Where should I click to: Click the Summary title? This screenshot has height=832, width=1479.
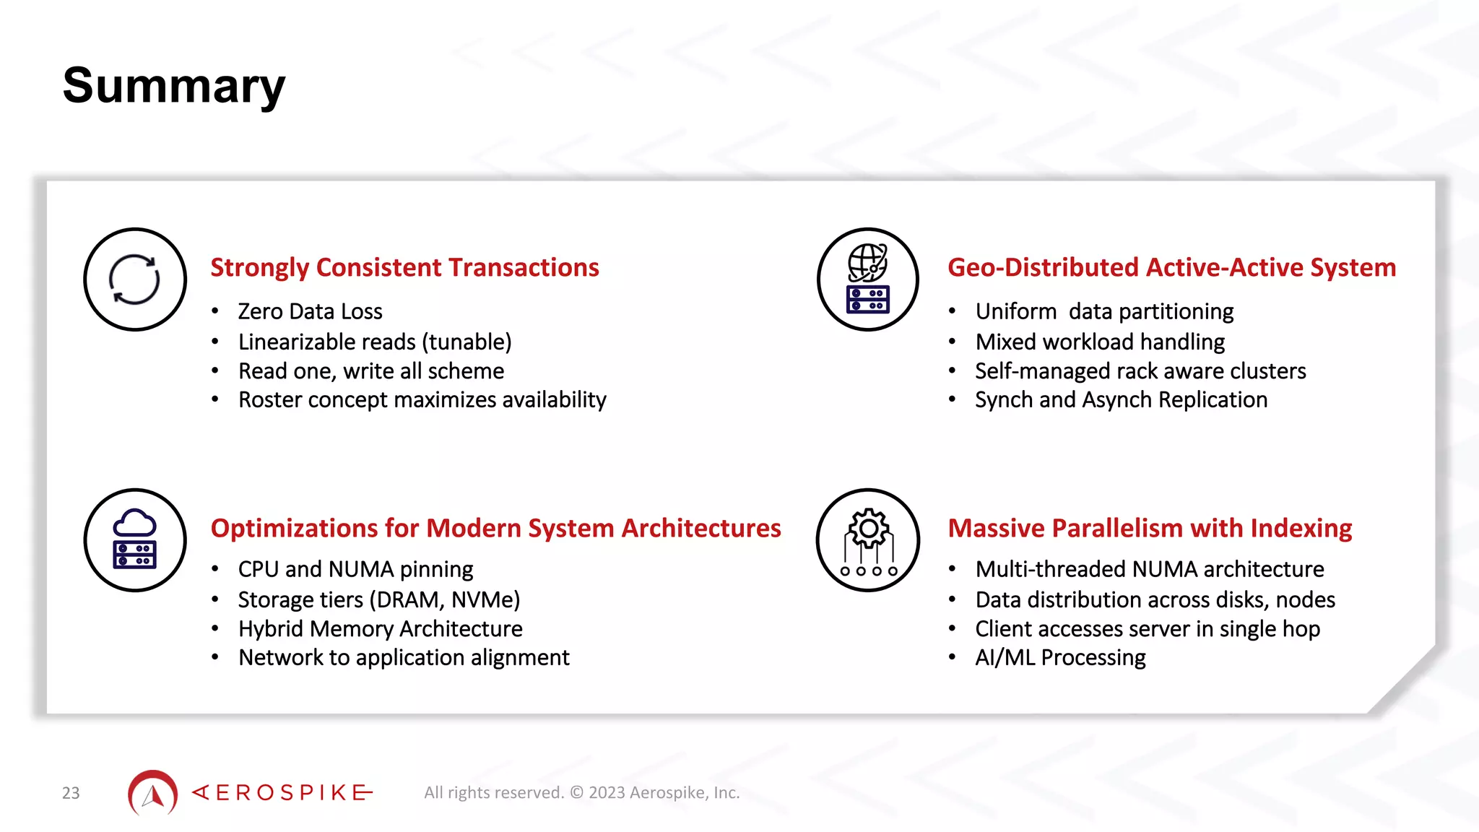click(174, 86)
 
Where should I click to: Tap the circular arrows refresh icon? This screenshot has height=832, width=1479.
click(134, 279)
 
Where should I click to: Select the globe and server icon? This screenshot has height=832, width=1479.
click(868, 279)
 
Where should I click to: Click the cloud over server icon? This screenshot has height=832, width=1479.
click(134, 540)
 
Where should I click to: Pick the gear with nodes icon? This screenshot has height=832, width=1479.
click(868, 540)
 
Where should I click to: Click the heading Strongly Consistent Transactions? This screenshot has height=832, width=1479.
click(404, 267)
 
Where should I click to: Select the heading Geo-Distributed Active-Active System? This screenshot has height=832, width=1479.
click(1171, 267)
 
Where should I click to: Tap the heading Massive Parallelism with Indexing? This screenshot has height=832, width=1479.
click(1150, 528)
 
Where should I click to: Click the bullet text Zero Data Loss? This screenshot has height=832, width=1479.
click(310, 311)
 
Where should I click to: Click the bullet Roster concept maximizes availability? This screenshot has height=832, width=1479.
click(422, 399)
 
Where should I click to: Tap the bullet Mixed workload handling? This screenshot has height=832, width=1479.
click(1100, 342)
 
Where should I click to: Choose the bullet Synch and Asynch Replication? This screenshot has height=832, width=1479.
click(1121, 399)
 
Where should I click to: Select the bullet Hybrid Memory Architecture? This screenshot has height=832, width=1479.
click(380, 628)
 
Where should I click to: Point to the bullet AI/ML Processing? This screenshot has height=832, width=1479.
click(1060, 657)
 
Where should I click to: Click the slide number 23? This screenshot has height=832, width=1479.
click(71, 793)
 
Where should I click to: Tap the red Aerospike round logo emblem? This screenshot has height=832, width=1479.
click(152, 792)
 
